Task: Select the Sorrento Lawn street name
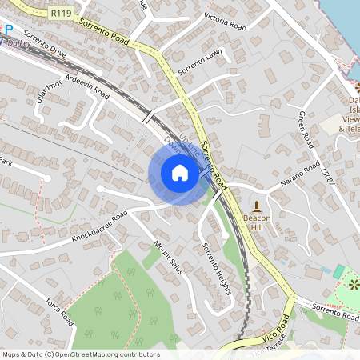click(200, 63)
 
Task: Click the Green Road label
click(305, 128)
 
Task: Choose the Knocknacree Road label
click(99, 227)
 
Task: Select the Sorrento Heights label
click(216, 267)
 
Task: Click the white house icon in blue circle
click(180, 173)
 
